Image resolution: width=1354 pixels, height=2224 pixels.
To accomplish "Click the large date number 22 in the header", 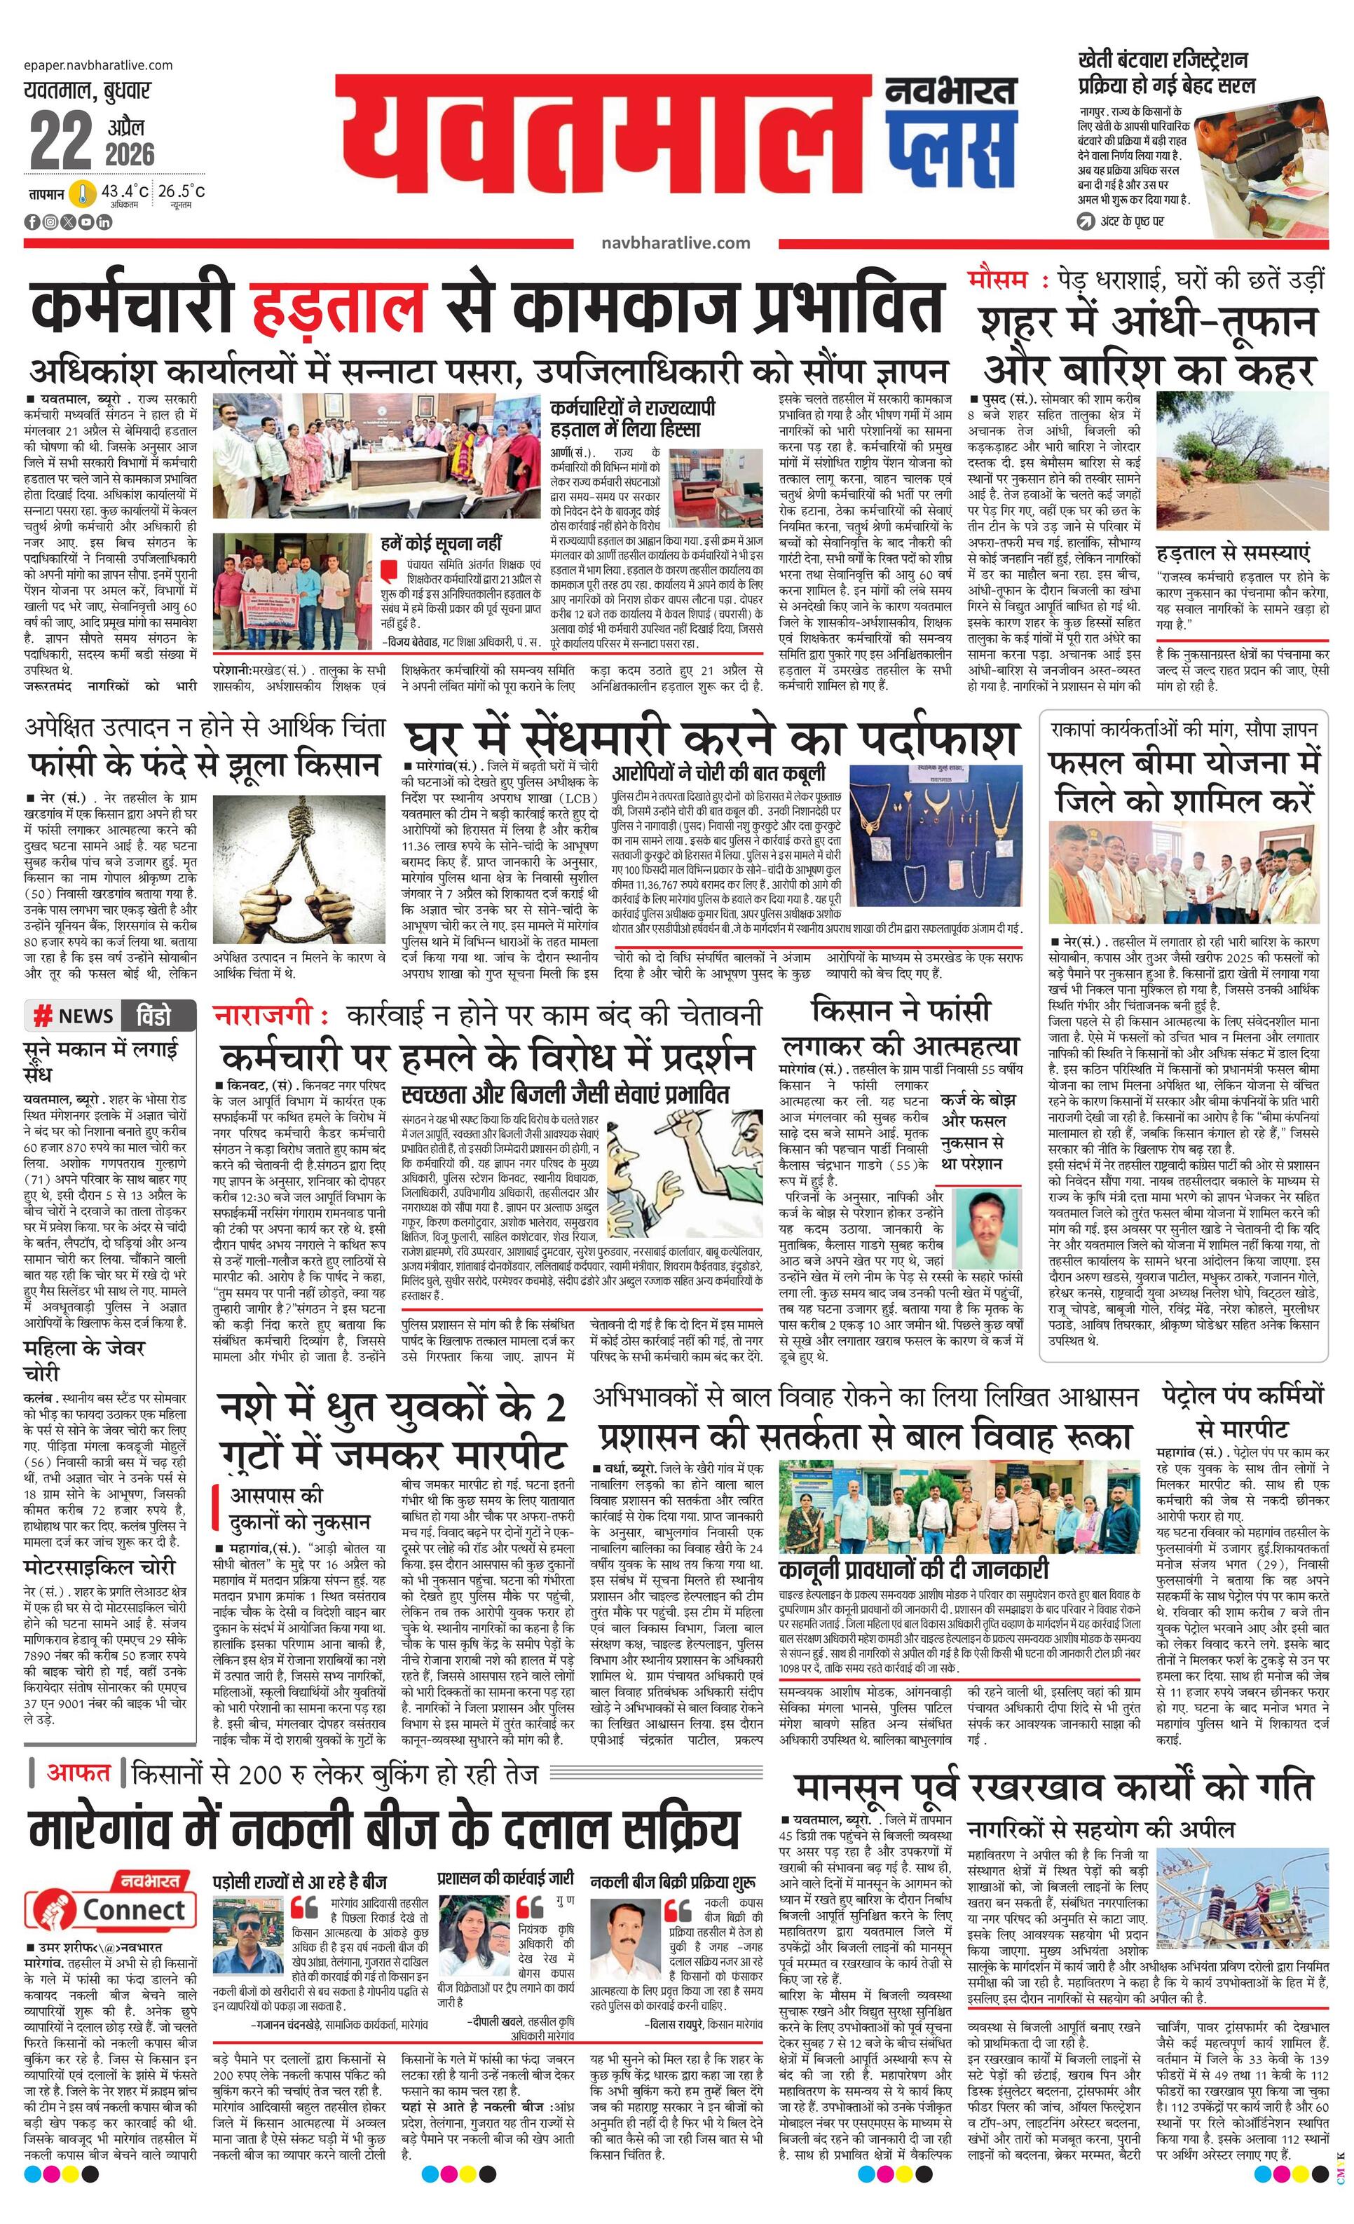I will (x=60, y=140).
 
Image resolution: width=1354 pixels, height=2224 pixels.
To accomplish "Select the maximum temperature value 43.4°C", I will (x=125, y=191).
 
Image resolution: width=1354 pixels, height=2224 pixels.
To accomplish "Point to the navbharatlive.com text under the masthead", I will (x=675, y=243).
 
